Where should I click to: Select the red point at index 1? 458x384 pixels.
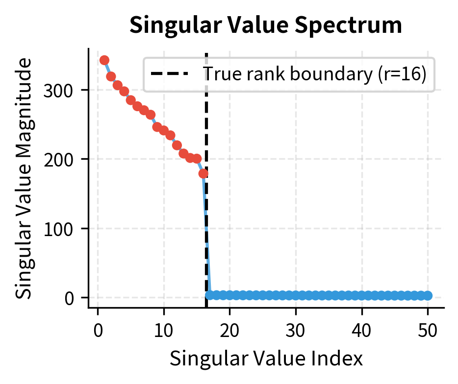(104, 60)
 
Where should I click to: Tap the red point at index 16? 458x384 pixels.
(204, 173)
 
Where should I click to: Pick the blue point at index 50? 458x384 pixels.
(428, 295)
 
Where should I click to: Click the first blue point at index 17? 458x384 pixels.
(210, 295)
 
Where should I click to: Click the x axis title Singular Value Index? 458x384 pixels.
(266, 359)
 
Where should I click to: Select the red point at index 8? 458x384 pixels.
(151, 115)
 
